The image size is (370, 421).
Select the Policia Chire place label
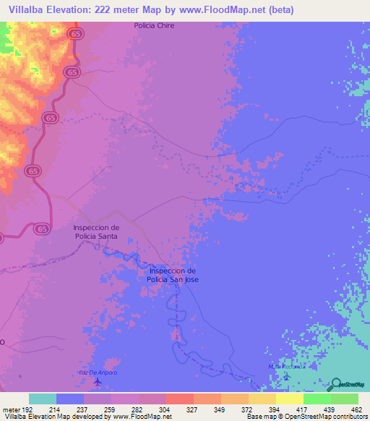[155, 25]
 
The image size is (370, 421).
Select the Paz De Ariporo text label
[97, 372]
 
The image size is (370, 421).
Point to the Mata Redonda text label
[283, 367]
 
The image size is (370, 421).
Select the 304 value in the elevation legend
[152, 409]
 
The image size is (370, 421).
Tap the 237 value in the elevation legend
[70, 409]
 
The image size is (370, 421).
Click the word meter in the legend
[12, 409]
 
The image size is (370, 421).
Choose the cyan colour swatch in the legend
[43, 399]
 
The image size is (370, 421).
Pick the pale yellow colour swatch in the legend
[289, 399]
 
